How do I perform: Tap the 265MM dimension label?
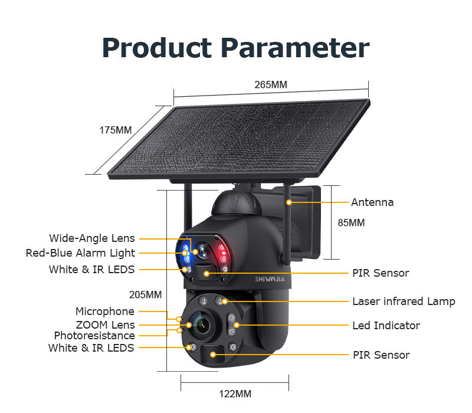271,84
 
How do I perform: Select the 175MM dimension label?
115,130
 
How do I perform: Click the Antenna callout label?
372,202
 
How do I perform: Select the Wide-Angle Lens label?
92,238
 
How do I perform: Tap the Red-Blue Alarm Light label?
80,253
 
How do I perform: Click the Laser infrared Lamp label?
404,301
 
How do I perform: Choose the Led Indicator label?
386,326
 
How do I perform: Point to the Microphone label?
104,312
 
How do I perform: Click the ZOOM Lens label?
105,325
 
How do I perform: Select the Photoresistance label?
94,336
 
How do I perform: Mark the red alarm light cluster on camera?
222,253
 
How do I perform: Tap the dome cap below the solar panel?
236,204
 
